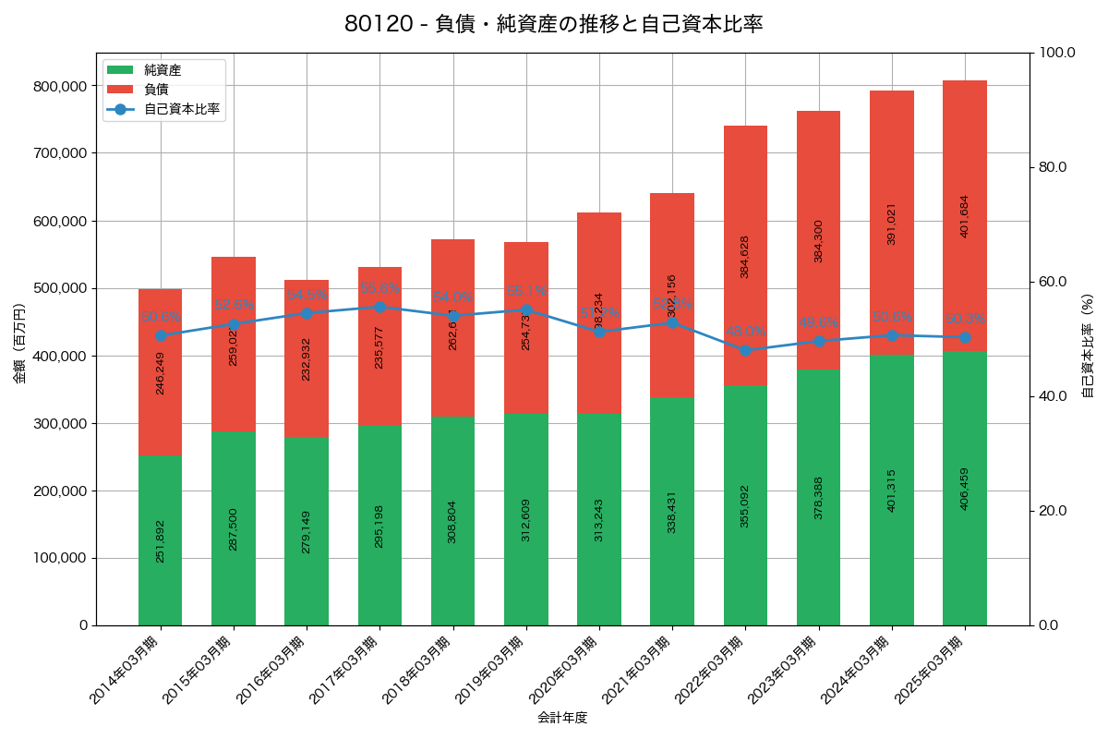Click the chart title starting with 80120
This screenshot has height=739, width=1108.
(x=553, y=24)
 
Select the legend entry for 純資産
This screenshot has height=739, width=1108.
(x=163, y=70)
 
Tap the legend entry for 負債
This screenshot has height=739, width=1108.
(x=155, y=90)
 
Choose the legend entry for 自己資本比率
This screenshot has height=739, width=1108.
(x=181, y=109)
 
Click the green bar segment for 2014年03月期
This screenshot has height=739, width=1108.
(x=160, y=540)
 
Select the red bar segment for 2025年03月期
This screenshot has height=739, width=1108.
(x=964, y=215)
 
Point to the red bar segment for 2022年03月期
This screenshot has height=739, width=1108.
(x=745, y=255)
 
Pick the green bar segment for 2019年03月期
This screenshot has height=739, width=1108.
(x=525, y=519)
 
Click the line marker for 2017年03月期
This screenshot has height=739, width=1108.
(x=379, y=307)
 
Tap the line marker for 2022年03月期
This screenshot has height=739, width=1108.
(x=745, y=350)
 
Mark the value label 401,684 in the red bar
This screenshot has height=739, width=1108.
(x=964, y=216)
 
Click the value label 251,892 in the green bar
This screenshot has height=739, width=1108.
(x=160, y=540)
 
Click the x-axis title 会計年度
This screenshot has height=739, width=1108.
(x=562, y=717)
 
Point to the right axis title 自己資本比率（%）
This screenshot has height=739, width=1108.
(x=1088, y=345)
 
